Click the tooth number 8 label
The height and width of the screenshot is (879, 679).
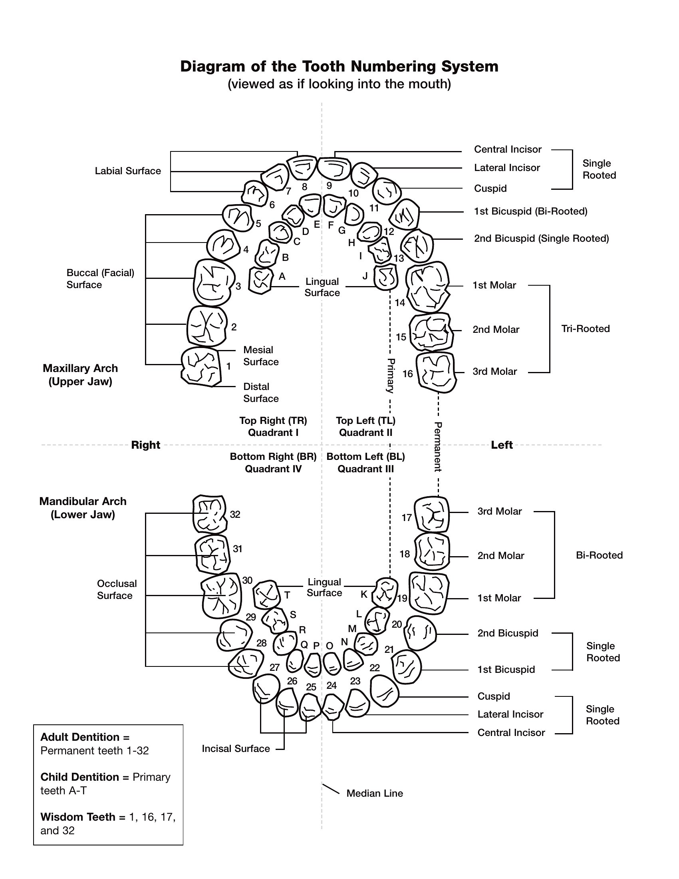tap(304, 187)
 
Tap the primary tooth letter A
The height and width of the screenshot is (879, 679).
tap(282, 276)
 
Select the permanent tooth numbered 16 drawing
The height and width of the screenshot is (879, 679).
tap(437, 372)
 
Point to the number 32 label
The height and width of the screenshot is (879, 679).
tap(235, 514)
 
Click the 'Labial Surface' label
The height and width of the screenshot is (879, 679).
tap(128, 171)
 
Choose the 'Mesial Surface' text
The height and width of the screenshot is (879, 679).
tap(261, 356)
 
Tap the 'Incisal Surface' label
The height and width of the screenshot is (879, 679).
tap(236, 749)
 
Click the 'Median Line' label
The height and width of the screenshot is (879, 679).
tap(375, 793)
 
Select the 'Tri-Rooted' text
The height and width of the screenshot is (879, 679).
tap(585, 329)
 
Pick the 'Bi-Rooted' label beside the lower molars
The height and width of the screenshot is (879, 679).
tap(599, 555)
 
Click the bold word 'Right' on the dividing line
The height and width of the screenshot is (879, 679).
tap(146, 445)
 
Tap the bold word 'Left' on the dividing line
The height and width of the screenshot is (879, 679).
tap(502, 445)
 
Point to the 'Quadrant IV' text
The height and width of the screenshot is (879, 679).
tap(273, 469)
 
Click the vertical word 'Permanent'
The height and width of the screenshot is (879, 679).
tap(438, 447)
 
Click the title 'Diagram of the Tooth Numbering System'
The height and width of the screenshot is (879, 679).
tap(339, 66)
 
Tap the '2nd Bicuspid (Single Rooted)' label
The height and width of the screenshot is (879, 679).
tap(542, 239)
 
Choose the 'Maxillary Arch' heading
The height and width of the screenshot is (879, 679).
tap(80, 369)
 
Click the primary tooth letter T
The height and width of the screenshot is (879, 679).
tap(287, 595)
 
